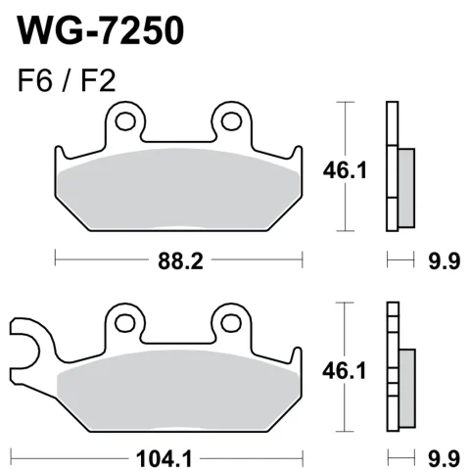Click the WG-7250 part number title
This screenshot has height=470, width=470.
[101, 30]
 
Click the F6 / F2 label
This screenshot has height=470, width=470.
[67, 81]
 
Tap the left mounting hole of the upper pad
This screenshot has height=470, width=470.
[125, 121]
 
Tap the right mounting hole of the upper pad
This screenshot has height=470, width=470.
[231, 121]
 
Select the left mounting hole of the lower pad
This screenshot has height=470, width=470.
[125, 323]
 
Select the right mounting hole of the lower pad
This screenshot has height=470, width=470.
[231, 323]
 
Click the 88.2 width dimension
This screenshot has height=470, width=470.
[180, 261]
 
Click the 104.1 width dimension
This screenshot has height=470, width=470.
[164, 458]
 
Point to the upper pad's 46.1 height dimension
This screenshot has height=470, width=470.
[345, 170]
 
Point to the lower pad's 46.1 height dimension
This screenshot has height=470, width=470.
[344, 371]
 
